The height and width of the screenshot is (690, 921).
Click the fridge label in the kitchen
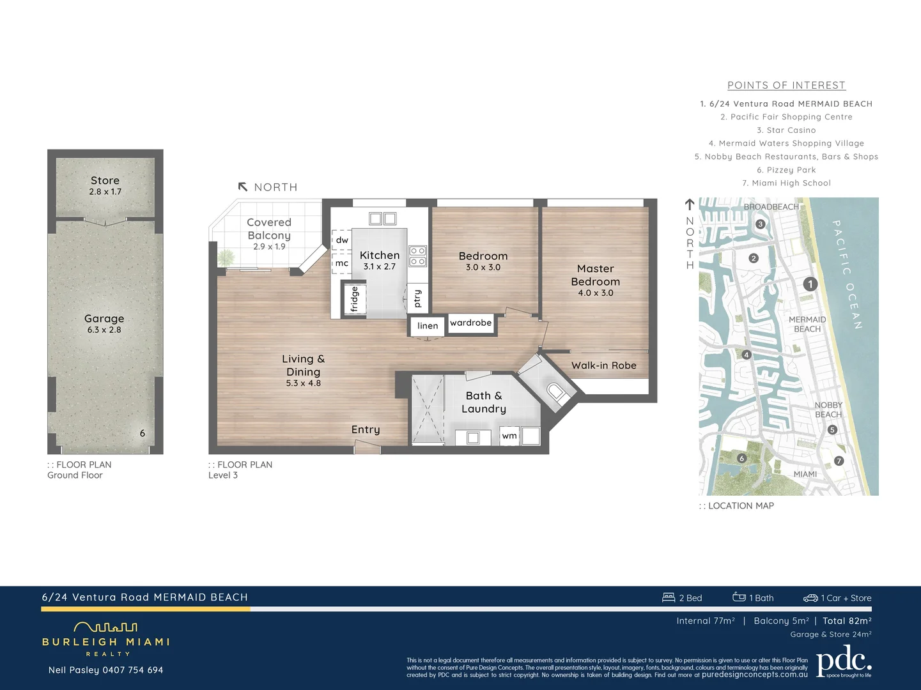[x=354, y=299]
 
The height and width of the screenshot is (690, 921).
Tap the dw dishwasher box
[x=342, y=240]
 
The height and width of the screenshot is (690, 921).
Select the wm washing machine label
[x=509, y=436]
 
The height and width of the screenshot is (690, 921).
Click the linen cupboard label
[x=428, y=326]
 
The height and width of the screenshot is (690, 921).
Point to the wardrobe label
[x=471, y=323]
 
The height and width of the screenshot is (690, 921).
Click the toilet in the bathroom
[x=555, y=392]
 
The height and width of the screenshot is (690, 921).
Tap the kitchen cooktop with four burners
[x=417, y=256]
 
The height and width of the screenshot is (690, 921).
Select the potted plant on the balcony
[x=226, y=257]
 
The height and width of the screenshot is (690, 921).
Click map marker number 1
[x=810, y=284]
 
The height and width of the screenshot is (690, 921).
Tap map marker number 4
[x=746, y=355]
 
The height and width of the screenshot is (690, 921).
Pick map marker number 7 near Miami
[x=839, y=461]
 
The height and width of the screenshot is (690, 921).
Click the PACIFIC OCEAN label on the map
[x=847, y=275]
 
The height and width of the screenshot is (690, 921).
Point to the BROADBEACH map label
[x=771, y=207]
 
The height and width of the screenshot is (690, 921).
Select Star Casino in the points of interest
[x=786, y=130]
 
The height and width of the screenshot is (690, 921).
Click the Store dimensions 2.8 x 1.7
[x=105, y=192]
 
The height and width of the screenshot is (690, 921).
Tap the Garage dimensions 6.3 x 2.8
[x=104, y=330]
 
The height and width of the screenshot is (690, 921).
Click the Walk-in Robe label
[x=603, y=365]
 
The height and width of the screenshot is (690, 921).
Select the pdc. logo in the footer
[x=844, y=661]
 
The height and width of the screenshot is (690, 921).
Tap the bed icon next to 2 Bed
[x=669, y=597]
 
